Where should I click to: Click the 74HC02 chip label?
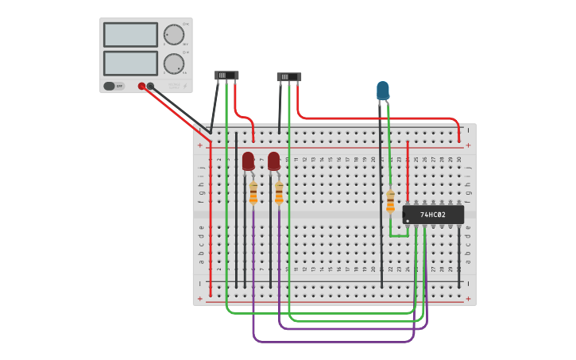pyautogui.click(x=433, y=215)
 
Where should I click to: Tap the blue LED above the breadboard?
pyautogui.click(x=383, y=90)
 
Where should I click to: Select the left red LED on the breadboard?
pyautogui.click(x=248, y=161)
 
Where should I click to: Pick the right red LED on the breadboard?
pyautogui.click(x=273, y=161)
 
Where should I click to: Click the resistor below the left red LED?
pyautogui.click(x=253, y=193)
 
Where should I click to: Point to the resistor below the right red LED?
pyautogui.click(x=279, y=193)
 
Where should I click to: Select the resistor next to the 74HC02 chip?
pyautogui.click(x=390, y=201)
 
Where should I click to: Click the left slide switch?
pyautogui.click(x=226, y=75)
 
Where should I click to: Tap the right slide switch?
pyautogui.click(x=289, y=77)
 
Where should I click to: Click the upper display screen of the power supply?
pyautogui.click(x=130, y=35)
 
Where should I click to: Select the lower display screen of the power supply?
pyautogui.click(x=130, y=63)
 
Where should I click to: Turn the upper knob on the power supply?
pyautogui.click(x=173, y=35)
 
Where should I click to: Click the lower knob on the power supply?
pyautogui.click(x=173, y=64)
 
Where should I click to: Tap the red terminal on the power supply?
pyautogui.click(x=141, y=86)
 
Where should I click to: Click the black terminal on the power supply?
pyautogui.click(x=150, y=86)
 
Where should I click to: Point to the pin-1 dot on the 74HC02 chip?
pyautogui.click(x=408, y=221)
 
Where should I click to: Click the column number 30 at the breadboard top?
pyautogui.click(x=458, y=160)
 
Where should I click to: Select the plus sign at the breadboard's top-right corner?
pyautogui.click(x=468, y=145)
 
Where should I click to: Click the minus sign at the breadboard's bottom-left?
pyautogui.click(x=201, y=283)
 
